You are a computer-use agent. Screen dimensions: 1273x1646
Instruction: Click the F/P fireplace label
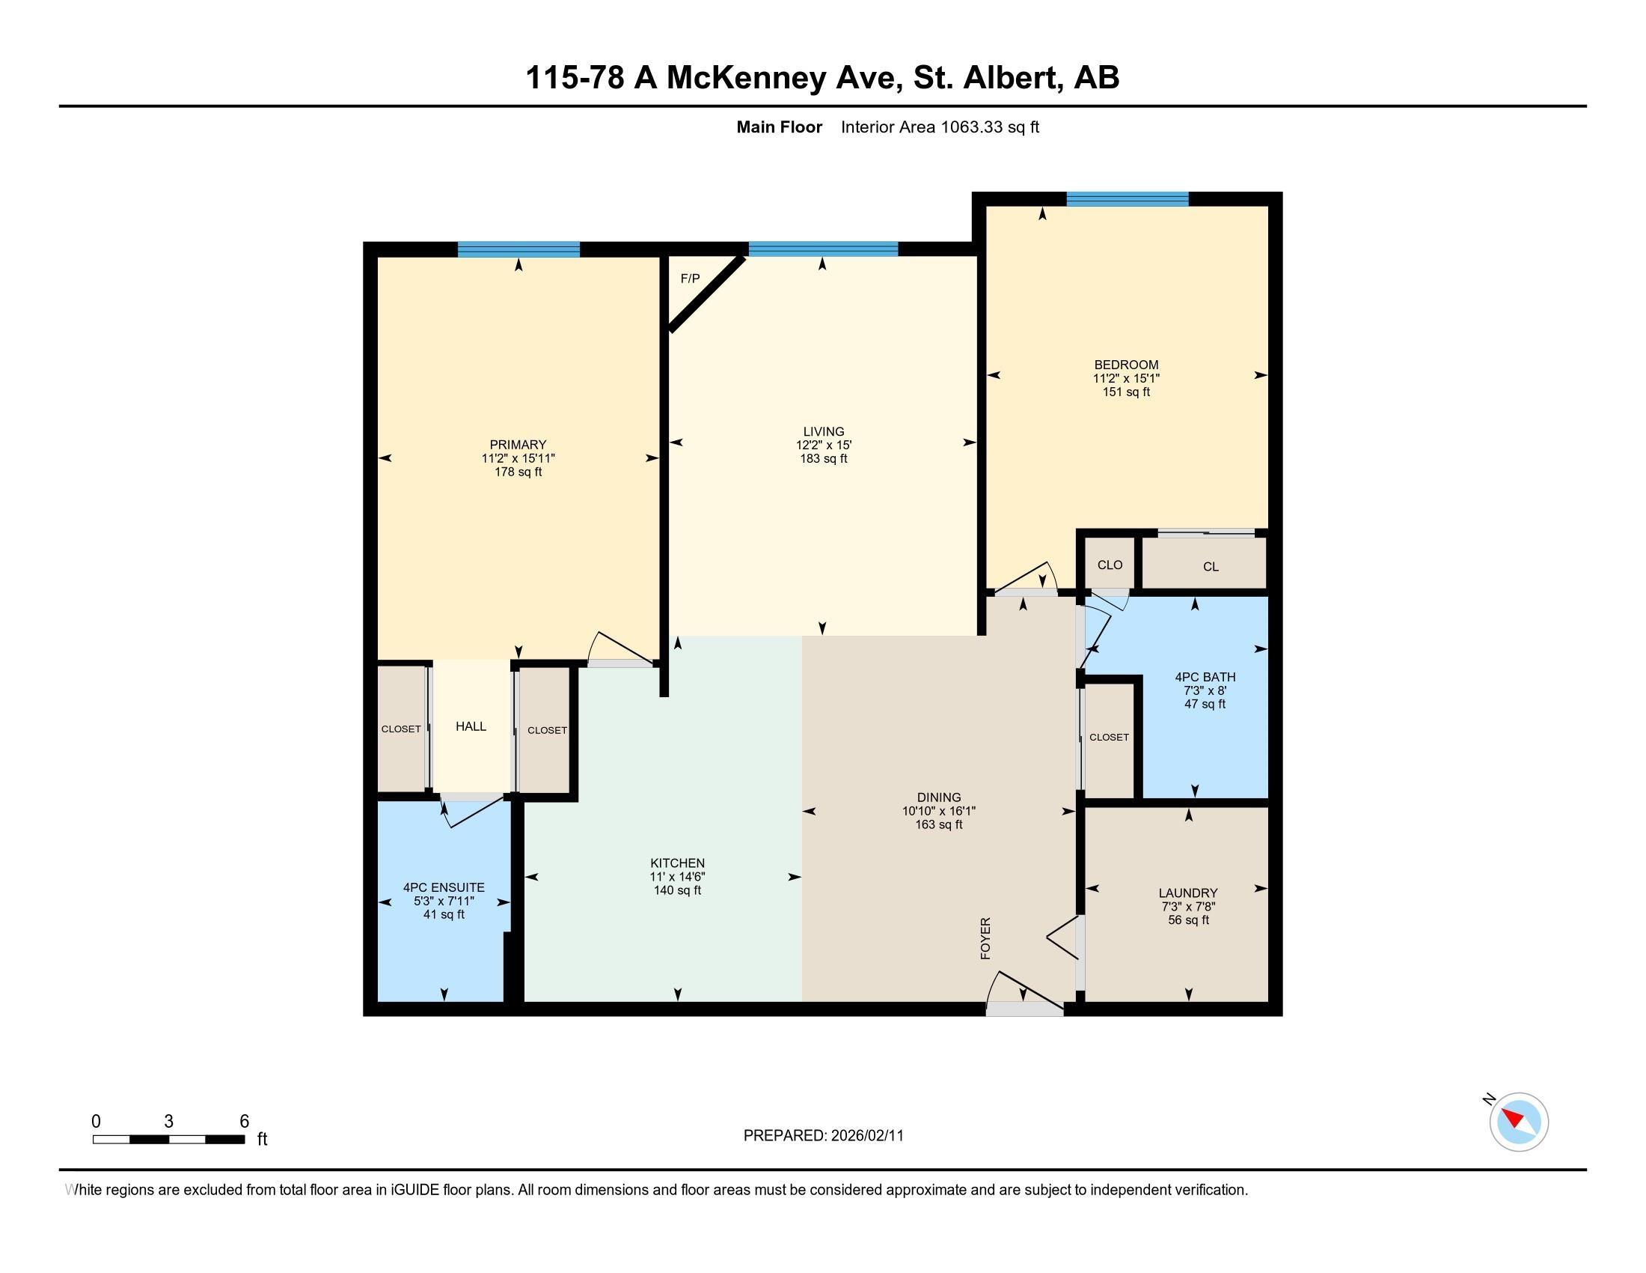690,279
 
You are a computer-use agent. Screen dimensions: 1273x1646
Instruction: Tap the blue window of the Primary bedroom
518,249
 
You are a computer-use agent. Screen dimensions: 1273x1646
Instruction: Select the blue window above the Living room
823,249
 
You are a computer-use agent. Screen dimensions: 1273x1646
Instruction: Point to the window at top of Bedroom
1127,200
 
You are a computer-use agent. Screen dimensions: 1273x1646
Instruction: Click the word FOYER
985,938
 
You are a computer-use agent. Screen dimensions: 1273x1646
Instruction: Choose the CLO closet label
1110,565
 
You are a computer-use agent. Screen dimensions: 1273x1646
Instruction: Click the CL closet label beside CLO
1211,567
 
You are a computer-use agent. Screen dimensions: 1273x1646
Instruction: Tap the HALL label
471,726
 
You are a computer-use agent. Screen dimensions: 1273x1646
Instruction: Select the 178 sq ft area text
518,472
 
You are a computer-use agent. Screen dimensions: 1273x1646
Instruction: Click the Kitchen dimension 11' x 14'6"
677,876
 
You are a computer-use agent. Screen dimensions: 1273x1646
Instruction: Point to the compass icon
1518,1122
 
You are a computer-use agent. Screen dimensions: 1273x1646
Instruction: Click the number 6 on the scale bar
244,1122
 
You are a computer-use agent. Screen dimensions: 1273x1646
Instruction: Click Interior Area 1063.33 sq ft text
939,127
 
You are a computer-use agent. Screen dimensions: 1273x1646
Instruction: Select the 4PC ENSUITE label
443,887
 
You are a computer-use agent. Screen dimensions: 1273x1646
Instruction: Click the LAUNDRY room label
1188,893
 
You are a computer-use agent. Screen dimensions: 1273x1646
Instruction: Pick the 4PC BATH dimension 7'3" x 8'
1205,690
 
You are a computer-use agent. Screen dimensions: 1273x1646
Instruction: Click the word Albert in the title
1008,78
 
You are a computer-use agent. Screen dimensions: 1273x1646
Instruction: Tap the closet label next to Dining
1109,737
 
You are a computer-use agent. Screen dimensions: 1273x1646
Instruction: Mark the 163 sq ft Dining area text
938,824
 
